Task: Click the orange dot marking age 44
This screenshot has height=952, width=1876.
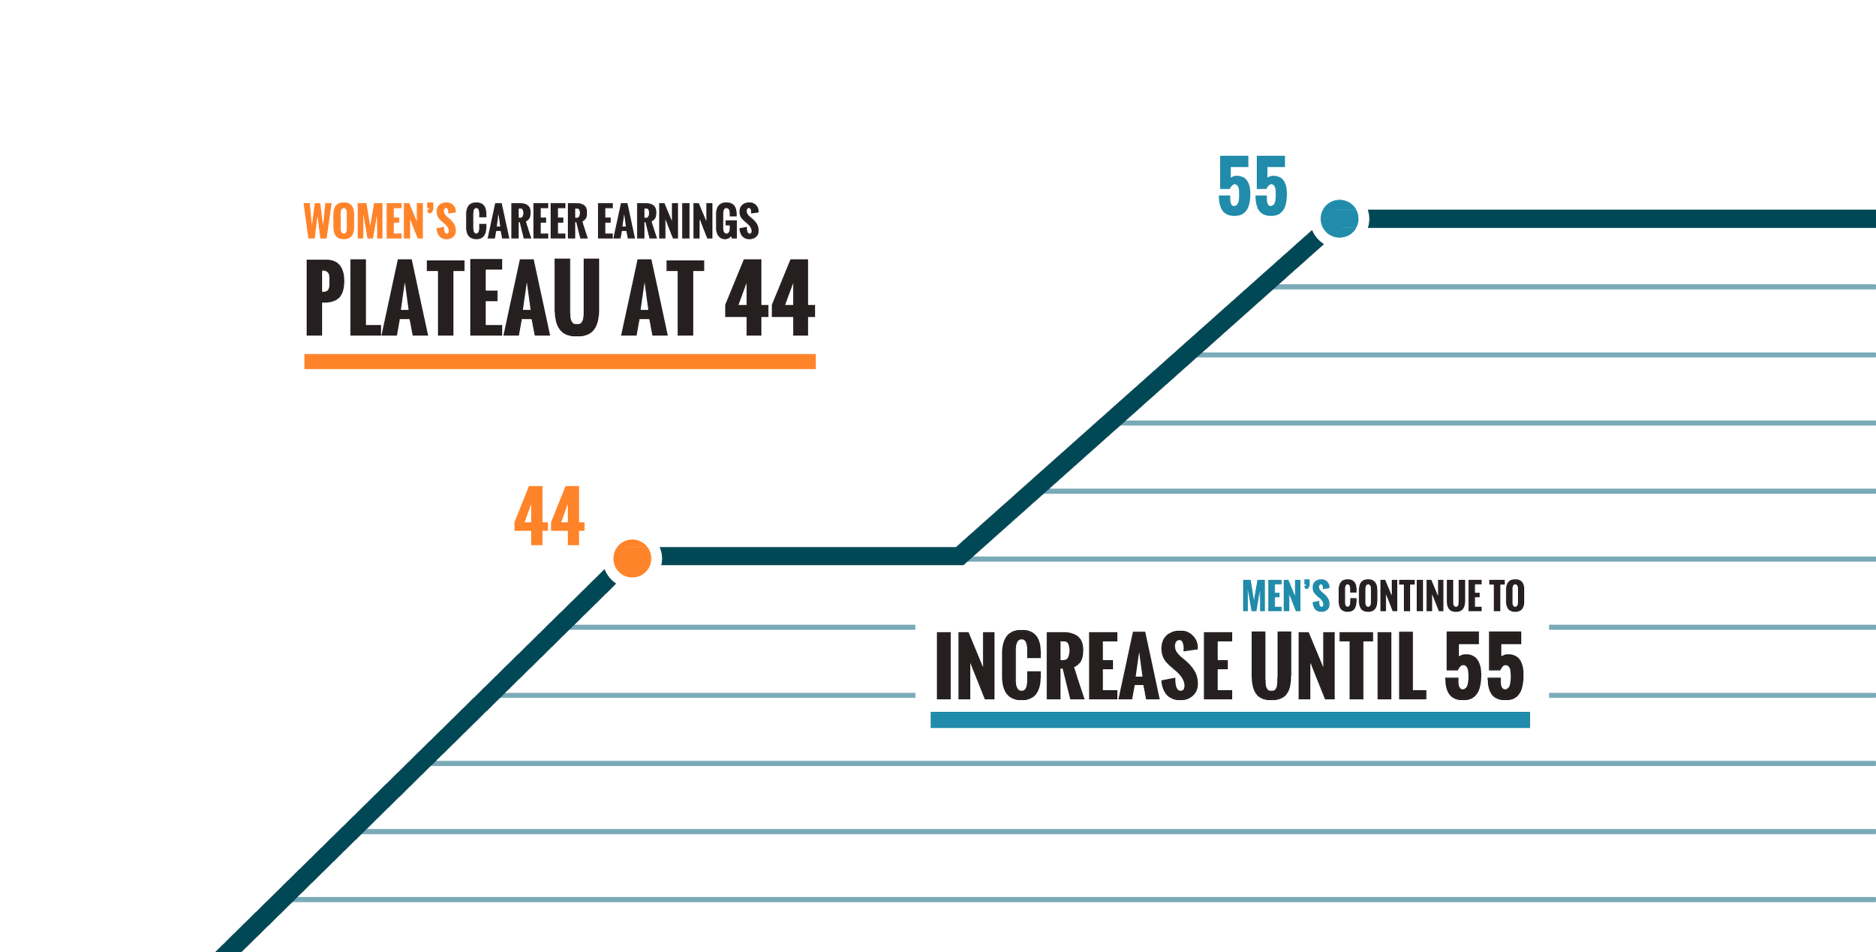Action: click(x=632, y=559)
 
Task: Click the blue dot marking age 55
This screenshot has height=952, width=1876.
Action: click(x=1339, y=219)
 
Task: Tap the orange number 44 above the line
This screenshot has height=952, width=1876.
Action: click(x=549, y=517)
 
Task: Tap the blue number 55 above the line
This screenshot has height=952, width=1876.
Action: click(x=1252, y=185)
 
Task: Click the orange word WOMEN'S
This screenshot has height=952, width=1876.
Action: click(x=380, y=222)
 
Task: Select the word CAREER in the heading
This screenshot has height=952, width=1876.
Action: click(x=526, y=222)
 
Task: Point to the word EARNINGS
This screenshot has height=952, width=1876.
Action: click(x=678, y=222)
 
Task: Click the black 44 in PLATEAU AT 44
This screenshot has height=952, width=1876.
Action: click(x=770, y=299)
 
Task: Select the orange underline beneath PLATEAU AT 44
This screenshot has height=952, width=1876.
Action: click(x=560, y=362)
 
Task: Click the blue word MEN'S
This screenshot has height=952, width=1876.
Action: click(x=1285, y=597)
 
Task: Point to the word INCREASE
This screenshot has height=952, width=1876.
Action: click(x=1083, y=666)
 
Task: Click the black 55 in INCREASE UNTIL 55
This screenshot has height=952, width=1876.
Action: click(x=1484, y=666)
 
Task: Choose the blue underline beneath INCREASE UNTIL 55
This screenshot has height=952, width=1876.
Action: click(x=1230, y=721)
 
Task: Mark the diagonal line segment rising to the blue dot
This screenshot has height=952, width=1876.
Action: click(x=1141, y=390)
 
